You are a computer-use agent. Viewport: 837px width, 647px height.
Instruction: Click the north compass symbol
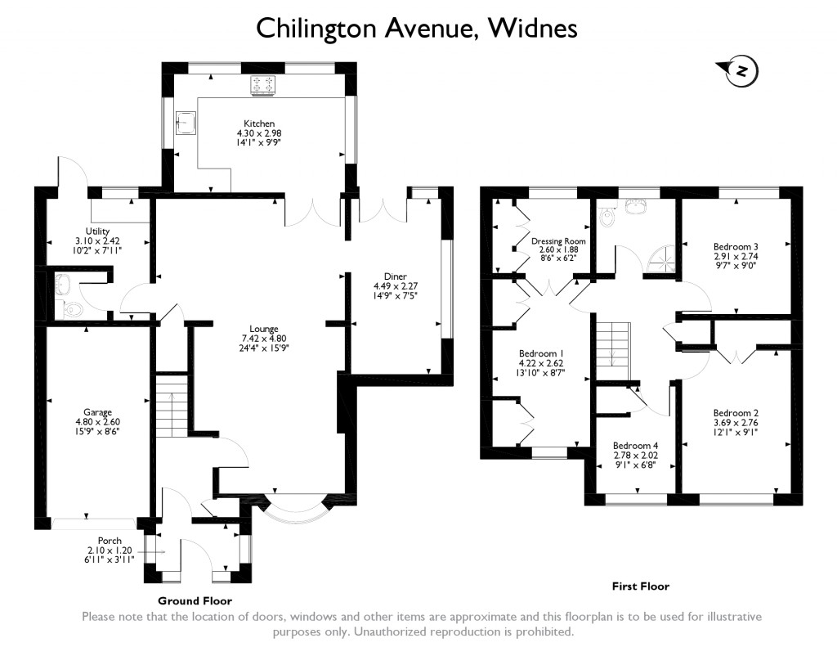(739, 70)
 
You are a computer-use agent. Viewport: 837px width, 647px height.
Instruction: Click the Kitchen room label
(259, 124)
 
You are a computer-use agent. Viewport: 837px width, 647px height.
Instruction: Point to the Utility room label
(98, 231)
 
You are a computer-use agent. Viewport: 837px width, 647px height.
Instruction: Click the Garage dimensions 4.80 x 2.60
(98, 421)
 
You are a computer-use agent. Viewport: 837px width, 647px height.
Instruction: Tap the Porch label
(110, 541)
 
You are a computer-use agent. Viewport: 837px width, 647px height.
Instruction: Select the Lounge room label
(264, 329)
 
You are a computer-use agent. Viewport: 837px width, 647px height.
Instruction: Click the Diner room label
(395, 276)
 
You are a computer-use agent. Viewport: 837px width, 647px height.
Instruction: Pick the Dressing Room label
(558, 241)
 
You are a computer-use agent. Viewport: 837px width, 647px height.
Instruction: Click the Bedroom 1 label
(541, 353)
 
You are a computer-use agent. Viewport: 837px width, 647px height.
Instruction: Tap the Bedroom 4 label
(635, 446)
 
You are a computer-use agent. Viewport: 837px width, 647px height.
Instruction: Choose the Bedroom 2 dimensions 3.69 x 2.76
(736, 423)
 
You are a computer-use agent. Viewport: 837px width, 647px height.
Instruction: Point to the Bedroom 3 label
(736, 247)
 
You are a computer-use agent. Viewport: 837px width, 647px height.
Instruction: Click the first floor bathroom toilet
(606, 217)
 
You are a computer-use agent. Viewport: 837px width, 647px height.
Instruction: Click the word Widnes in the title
(533, 29)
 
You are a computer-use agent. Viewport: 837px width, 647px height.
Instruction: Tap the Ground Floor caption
(195, 601)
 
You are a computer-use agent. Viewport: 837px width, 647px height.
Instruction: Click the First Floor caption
(641, 586)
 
